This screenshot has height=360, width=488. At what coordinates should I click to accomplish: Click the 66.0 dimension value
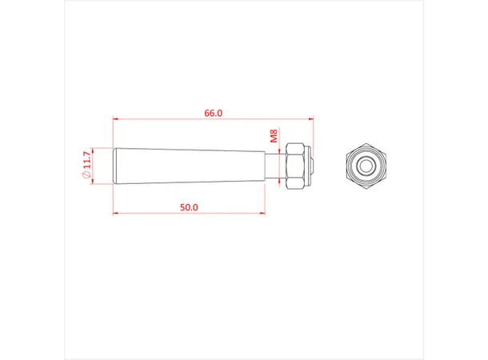point(213,114)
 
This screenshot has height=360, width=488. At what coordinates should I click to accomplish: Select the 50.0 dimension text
point(189,207)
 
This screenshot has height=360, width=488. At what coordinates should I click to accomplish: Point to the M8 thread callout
point(274,137)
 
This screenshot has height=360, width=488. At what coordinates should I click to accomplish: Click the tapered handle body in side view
point(189,166)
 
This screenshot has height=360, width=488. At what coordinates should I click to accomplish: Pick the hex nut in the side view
point(294,166)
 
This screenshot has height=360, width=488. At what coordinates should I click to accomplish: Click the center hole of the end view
point(366,166)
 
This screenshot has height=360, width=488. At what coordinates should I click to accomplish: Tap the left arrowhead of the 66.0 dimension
point(115,119)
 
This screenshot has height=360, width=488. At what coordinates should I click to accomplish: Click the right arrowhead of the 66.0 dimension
point(310,119)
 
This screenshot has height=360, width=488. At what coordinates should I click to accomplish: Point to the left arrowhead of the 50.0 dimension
point(115,214)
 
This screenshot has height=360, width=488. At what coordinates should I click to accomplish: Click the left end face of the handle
point(114,166)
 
